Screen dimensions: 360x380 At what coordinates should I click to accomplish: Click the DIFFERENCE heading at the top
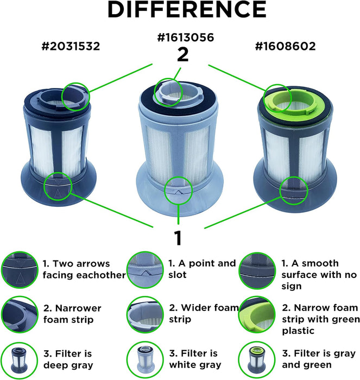[x=187, y=9]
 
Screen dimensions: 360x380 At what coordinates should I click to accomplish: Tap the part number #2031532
[x=71, y=46]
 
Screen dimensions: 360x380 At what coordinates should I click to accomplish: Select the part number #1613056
[x=186, y=37]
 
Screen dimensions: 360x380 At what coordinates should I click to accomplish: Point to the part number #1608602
[x=285, y=46]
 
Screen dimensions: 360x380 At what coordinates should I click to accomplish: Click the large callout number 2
[x=183, y=54]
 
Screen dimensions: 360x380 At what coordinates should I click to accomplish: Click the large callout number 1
[x=178, y=238]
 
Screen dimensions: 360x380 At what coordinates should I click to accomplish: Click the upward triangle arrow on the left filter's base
[x=58, y=193]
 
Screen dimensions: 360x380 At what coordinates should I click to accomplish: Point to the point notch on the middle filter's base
[x=178, y=192]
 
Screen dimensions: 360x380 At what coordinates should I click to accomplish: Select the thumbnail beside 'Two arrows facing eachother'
[x=20, y=270]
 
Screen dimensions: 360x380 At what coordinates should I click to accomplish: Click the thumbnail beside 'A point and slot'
[x=145, y=270]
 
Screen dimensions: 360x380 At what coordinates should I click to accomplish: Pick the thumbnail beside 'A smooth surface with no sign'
[x=257, y=271]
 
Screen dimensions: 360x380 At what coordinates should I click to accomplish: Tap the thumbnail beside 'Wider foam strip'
[x=145, y=314]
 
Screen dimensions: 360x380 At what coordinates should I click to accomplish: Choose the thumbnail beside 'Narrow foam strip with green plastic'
[x=257, y=314]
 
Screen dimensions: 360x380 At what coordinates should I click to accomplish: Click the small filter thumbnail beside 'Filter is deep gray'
[x=19, y=360]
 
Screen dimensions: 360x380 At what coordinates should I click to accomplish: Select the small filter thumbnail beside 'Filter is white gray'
[x=145, y=360]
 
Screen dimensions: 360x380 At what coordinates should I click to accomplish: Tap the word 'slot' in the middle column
[x=178, y=275]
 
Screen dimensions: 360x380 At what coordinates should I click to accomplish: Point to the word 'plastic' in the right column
[x=298, y=331]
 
